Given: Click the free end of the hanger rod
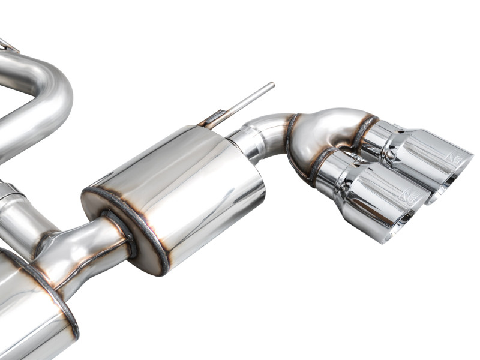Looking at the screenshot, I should tap(272, 85).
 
